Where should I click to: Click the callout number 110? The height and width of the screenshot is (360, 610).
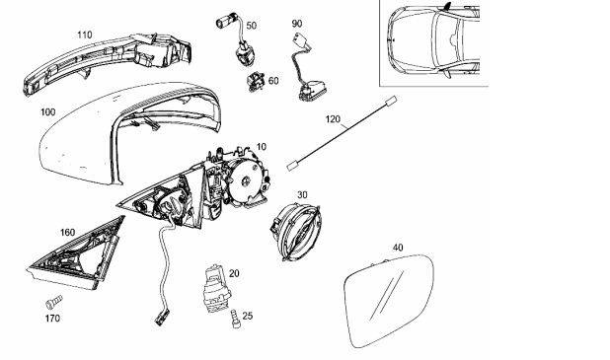[x=85, y=35]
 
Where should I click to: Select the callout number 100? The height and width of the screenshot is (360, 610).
[x=47, y=112]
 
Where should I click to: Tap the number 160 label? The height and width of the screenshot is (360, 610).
[x=67, y=233]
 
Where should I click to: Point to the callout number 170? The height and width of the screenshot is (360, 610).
[x=52, y=319]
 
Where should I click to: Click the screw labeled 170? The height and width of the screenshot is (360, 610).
[x=53, y=303]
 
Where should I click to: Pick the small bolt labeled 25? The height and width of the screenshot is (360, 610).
[x=235, y=319]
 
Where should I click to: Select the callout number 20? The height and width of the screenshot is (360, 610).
[x=234, y=273]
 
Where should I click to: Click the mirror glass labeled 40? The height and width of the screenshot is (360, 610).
[x=388, y=301]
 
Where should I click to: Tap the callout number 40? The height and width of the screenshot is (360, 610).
[x=398, y=248]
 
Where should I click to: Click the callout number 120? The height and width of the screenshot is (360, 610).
[x=333, y=119]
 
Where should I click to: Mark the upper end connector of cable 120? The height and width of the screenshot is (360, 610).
[x=391, y=101]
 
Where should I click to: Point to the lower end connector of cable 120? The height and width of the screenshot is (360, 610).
[x=292, y=166]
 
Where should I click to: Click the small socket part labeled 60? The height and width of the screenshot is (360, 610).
[x=255, y=82]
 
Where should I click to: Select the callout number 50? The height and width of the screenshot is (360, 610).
[x=252, y=26]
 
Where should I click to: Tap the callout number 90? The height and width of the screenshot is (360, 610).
[x=297, y=24]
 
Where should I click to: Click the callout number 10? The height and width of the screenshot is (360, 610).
[x=262, y=147]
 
